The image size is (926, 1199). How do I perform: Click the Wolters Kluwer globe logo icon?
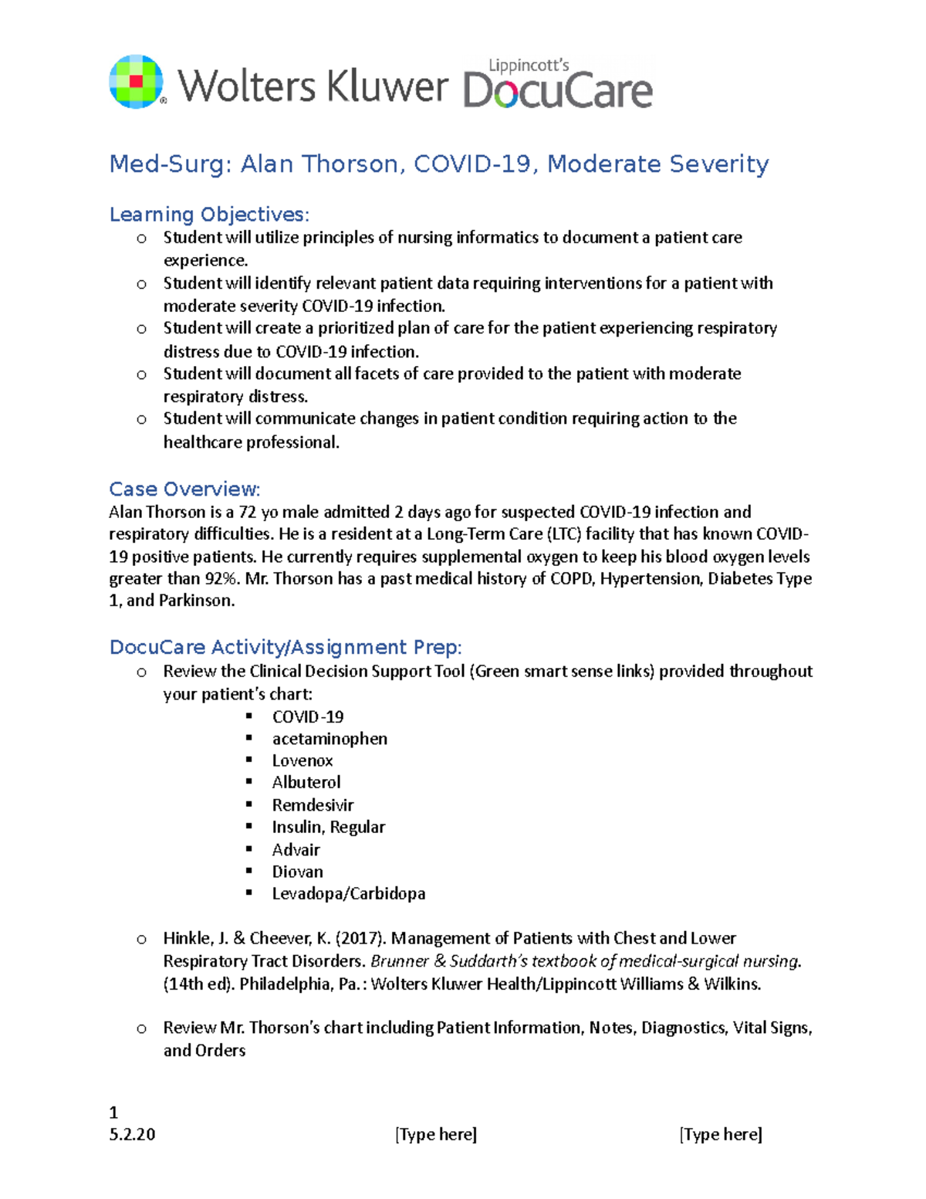point(137,82)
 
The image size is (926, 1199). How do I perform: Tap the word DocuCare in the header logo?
point(558,91)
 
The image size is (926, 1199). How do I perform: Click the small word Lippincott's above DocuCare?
point(529,66)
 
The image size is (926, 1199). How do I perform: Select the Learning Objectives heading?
point(209,214)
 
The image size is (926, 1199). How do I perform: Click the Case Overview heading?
point(184,489)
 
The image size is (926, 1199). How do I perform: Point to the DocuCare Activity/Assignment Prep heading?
point(286,647)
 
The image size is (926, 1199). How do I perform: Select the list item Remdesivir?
point(313,805)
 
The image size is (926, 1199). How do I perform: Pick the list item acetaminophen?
point(330,739)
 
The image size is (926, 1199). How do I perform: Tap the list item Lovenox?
point(302,761)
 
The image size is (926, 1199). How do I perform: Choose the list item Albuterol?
point(306,783)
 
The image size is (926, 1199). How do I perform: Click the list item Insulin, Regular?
point(328,827)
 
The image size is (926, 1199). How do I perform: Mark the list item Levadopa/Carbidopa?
point(349,893)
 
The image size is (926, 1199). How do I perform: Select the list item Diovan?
point(297,872)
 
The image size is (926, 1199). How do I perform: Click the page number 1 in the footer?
point(113,1113)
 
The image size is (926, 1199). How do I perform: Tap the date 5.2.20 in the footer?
point(132,1134)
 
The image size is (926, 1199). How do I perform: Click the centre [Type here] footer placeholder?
point(436,1134)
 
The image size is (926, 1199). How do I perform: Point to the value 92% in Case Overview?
point(221,578)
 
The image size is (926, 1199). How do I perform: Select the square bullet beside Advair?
point(248,848)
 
